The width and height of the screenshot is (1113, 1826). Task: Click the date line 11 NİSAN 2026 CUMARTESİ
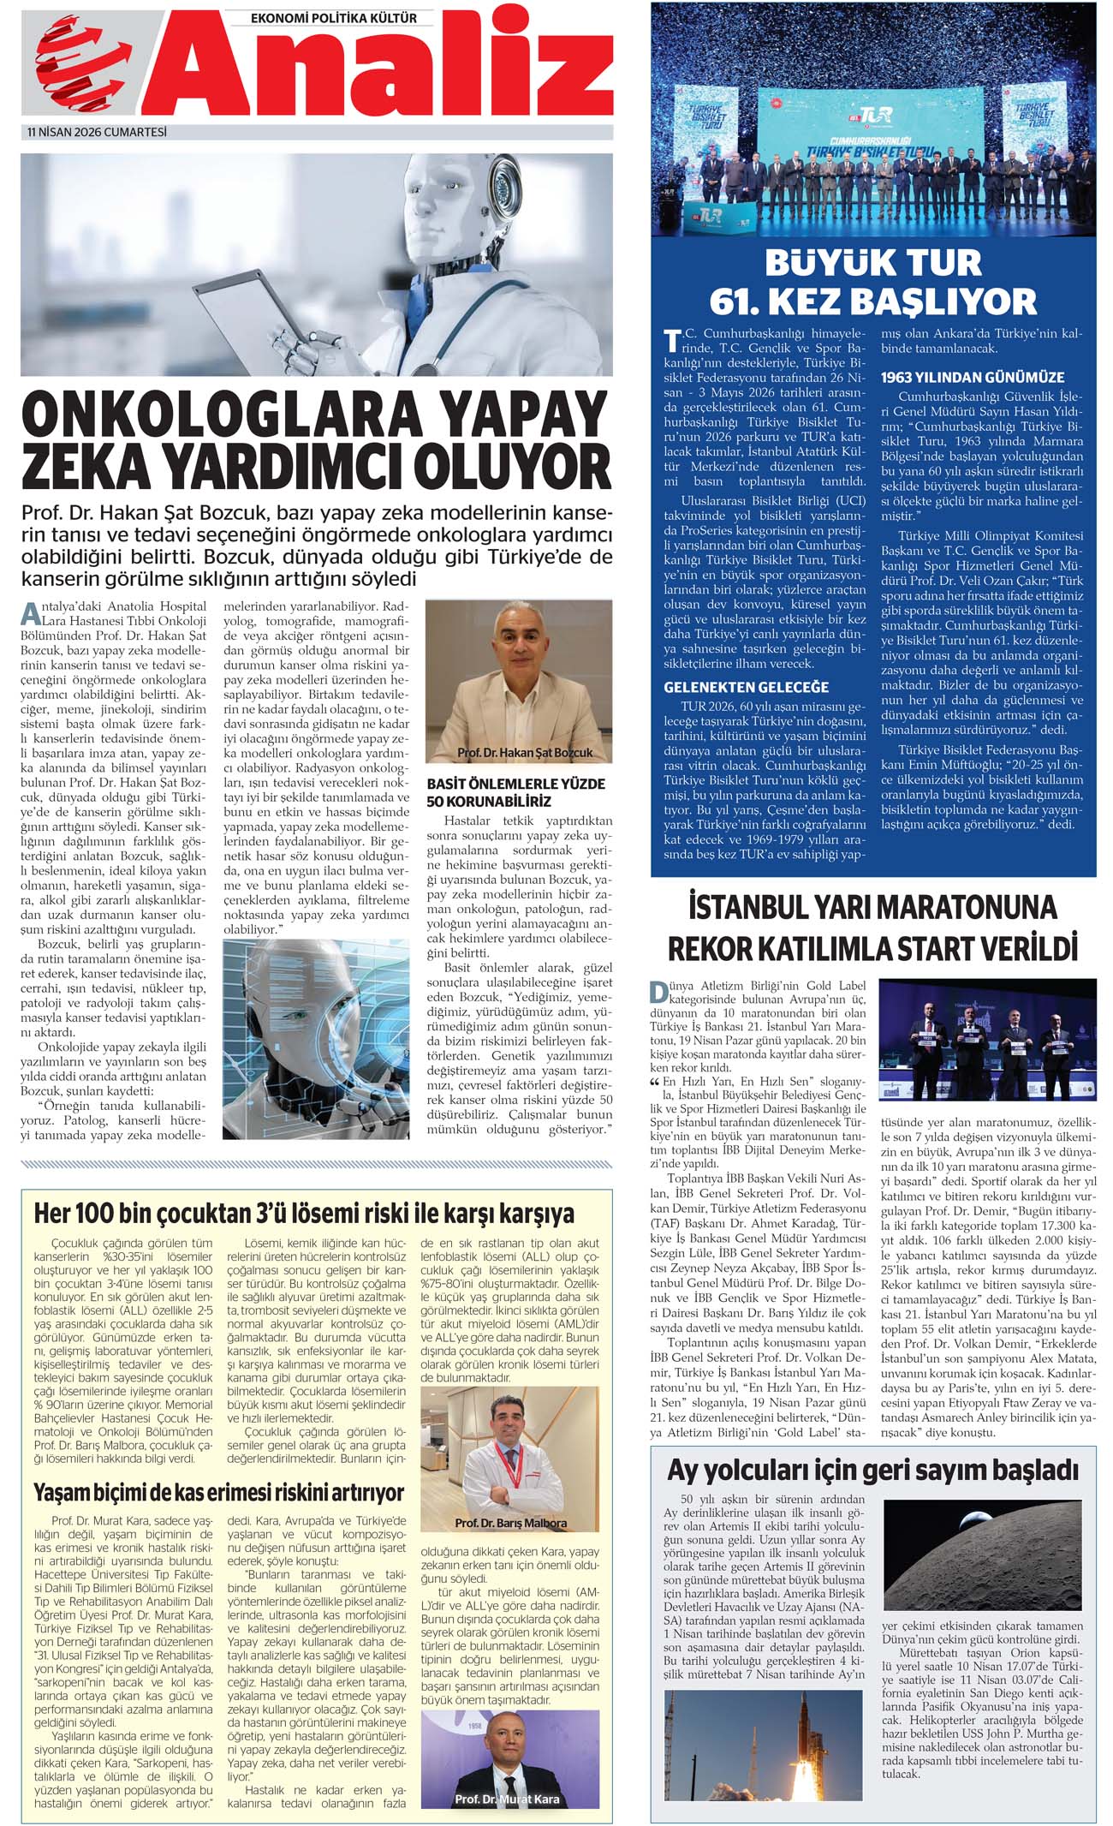[97, 132]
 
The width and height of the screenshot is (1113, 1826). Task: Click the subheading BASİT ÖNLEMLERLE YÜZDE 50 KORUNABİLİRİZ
[515, 792]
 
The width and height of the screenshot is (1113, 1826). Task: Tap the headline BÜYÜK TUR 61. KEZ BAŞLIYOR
[872, 282]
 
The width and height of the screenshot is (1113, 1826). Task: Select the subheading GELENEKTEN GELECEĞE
[747, 687]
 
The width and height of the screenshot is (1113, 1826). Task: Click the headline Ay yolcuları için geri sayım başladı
[872, 1470]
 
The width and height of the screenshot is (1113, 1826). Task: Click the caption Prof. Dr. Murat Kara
[507, 1799]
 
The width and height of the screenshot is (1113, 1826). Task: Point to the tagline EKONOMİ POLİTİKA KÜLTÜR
[334, 17]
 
